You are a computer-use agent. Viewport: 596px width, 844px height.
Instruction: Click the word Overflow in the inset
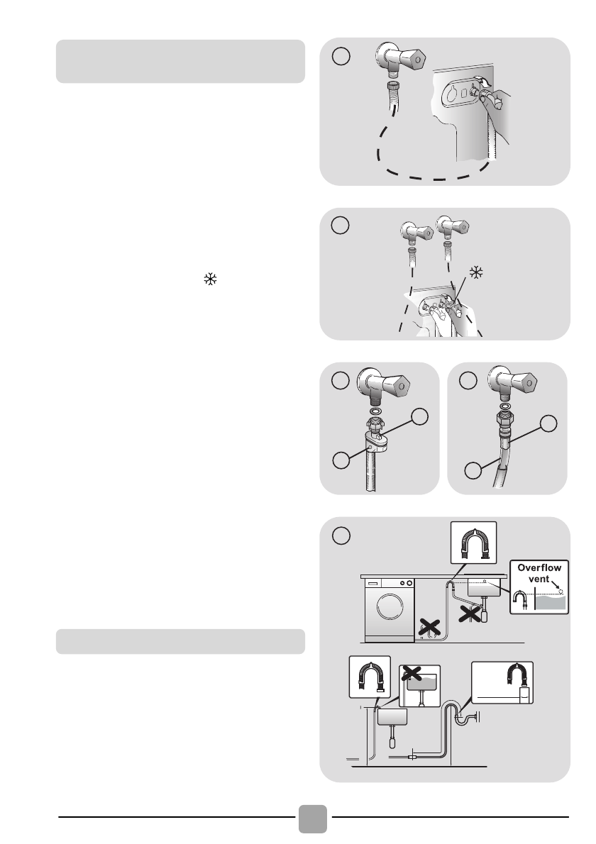(539, 568)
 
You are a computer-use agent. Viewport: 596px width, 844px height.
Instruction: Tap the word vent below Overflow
(539, 579)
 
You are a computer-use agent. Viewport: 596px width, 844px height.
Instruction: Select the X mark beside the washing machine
(430, 627)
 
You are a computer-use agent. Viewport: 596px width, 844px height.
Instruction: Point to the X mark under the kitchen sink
(470, 613)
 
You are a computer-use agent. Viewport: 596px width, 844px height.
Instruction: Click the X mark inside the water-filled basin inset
(412, 673)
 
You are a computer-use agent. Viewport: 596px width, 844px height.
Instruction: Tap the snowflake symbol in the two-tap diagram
(476, 272)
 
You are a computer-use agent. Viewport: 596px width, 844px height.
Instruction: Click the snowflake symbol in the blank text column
(210, 279)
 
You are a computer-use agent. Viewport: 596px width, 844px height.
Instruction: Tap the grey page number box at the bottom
(313, 818)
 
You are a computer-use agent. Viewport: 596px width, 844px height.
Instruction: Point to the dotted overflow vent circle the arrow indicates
(561, 592)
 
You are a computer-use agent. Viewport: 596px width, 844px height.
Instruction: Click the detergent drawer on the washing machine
(373, 583)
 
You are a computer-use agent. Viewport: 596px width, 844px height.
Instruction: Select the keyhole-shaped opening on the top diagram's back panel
(452, 94)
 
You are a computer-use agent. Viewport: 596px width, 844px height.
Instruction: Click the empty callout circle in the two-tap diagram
(340, 225)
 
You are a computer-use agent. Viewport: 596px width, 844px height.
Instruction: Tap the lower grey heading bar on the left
(180, 642)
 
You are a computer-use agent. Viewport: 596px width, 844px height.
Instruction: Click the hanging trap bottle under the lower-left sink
(392, 742)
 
